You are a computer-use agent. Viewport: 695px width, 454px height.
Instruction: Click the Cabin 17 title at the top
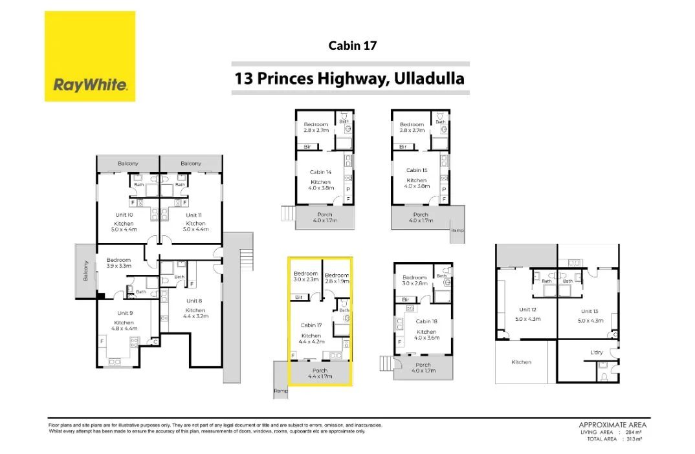click(352, 45)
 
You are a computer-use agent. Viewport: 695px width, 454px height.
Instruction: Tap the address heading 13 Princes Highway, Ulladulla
click(350, 79)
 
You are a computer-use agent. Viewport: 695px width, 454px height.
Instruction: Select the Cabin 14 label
click(320, 172)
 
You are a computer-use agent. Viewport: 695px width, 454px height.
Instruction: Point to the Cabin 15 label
click(416, 170)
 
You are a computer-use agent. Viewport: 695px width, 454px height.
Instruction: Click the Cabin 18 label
click(426, 321)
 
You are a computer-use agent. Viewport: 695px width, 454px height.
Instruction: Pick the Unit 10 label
click(124, 215)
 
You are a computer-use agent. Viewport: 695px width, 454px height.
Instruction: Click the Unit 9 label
click(124, 313)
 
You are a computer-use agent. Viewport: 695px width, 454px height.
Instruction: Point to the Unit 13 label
click(590, 310)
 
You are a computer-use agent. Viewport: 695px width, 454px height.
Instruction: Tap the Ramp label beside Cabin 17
click(280, 391)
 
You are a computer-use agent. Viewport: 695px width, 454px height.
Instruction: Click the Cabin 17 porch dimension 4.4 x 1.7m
click(320, 376)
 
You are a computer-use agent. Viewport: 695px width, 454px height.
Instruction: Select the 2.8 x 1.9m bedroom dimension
click(336, 281)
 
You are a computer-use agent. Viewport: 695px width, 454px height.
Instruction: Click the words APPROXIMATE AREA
click(612, 425)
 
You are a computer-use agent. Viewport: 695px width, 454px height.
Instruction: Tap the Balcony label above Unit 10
click(127, 164)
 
